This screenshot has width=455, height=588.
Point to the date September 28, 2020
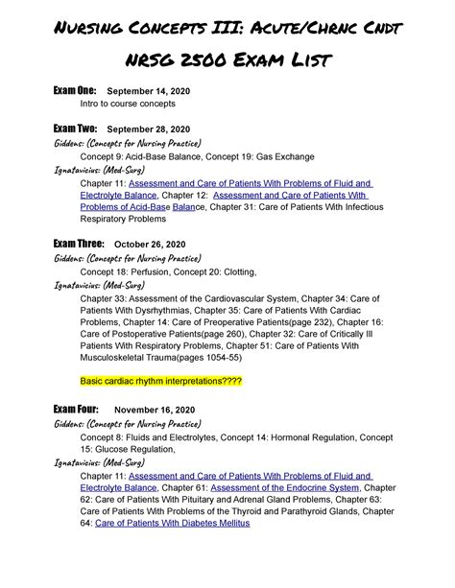tap(149, 130)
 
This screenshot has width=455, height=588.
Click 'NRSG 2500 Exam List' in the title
tap(227, 60)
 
